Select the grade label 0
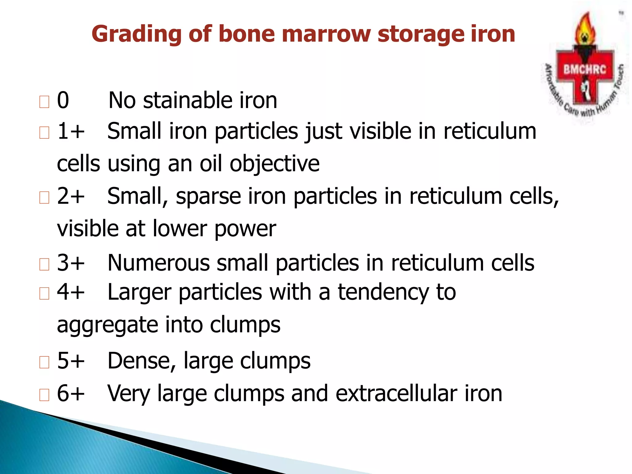(63, 101)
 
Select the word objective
(275, 164)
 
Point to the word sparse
(208, 197)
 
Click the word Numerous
(158, 263)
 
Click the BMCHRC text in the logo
(584, 69)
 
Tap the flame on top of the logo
(584, 29)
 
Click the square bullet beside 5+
(44, 362)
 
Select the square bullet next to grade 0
(44, 102)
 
